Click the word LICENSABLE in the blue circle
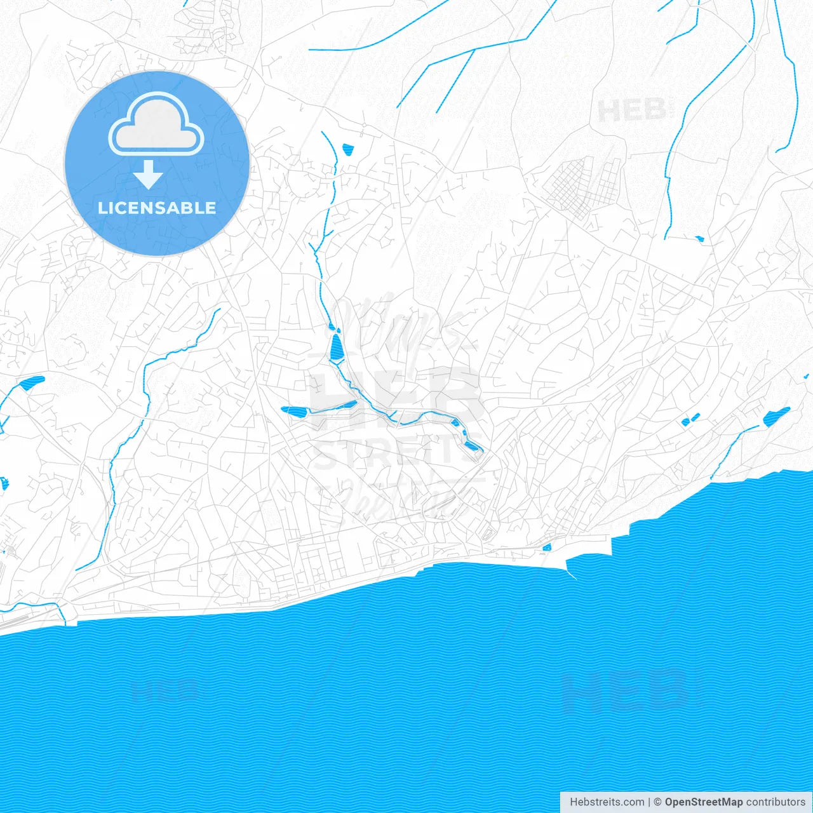[157, 208]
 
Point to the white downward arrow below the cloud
[148, 175]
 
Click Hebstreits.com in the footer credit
[607, 802]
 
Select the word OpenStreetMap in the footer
[703, 802]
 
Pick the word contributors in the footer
[776, 802]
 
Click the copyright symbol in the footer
[658, 802]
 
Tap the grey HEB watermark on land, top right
[634, 111]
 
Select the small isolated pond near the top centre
[347, 150]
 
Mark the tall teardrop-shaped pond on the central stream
[336, 346]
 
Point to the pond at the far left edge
[30, 383]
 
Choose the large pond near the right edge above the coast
[776, 416]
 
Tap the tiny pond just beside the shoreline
[547, 547]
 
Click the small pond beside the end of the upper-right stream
[699, 239]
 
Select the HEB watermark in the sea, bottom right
[626, 690]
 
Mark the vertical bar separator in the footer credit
[649, 802]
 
